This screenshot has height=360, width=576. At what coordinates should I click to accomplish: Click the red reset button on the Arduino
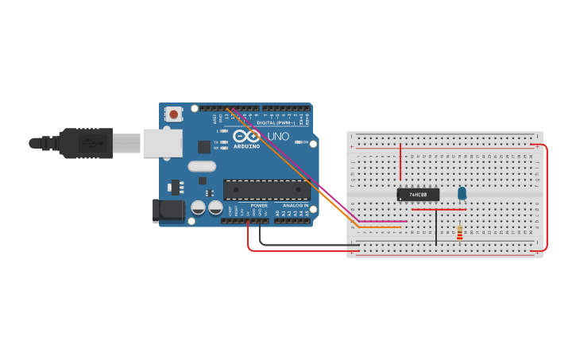coord(173,114)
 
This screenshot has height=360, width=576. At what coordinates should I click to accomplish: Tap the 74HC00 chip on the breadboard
coord(417,195)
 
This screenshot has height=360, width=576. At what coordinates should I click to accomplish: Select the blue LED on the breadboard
coord(462,193)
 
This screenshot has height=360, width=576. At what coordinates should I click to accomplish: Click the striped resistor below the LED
coord(459,233)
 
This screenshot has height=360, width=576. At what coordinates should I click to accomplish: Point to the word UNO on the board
coord(278,137)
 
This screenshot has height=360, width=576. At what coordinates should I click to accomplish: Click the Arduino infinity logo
coord(246,136)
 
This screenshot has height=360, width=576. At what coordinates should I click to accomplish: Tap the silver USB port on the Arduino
coord(162,143)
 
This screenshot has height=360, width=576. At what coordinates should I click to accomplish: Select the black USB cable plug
coord(83,143)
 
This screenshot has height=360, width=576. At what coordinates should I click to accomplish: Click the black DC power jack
coord(168,210)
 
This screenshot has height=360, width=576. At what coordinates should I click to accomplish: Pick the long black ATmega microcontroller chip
coord(266,190)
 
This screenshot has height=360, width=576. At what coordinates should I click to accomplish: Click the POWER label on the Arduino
coord(259,206)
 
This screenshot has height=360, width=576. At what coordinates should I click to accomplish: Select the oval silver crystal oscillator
coord(202,167)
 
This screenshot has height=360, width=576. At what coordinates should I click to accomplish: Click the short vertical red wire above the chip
coord(400,163)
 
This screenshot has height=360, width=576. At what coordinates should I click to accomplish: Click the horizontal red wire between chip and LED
coord(439,210)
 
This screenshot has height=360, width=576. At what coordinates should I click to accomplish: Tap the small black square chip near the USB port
coord(204,146)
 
